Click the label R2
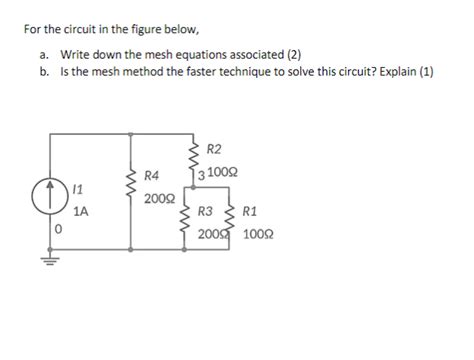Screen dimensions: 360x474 (x=214, y=150)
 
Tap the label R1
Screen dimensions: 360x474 (x=250, y=211)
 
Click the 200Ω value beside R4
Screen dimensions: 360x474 (x=156, y=198)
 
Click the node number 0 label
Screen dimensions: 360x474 (x=60, y=230)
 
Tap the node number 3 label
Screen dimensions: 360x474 (x=201, y=175)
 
